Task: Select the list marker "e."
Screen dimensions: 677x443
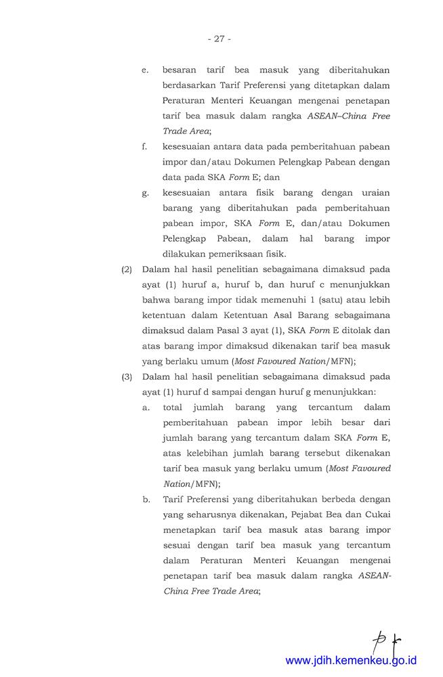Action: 145,70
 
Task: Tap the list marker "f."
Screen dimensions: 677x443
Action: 144,146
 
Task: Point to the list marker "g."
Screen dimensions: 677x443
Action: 145,193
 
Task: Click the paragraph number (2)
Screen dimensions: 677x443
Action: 127,269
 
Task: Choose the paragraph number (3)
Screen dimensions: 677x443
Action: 127,376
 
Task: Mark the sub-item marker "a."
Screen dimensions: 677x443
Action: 145,407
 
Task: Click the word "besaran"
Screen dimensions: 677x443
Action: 181,70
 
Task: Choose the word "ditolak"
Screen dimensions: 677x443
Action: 341,330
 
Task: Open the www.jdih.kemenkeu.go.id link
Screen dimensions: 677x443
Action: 351,660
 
